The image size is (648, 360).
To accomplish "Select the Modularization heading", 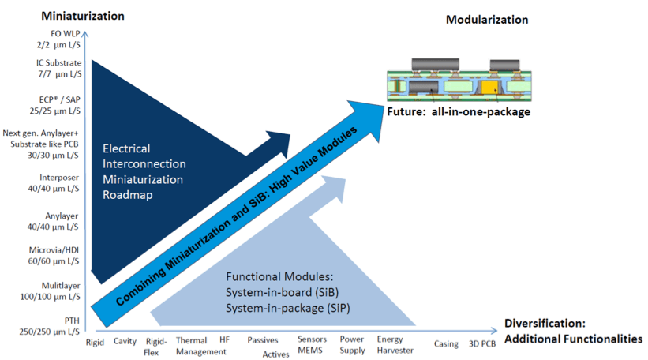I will (487, 20).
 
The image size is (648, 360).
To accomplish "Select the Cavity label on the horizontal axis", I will (125, 342).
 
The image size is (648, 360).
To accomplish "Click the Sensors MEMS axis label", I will (312, 346).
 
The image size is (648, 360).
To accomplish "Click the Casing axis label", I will (446, 343).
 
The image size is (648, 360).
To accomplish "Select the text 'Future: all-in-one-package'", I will (458, 112).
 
